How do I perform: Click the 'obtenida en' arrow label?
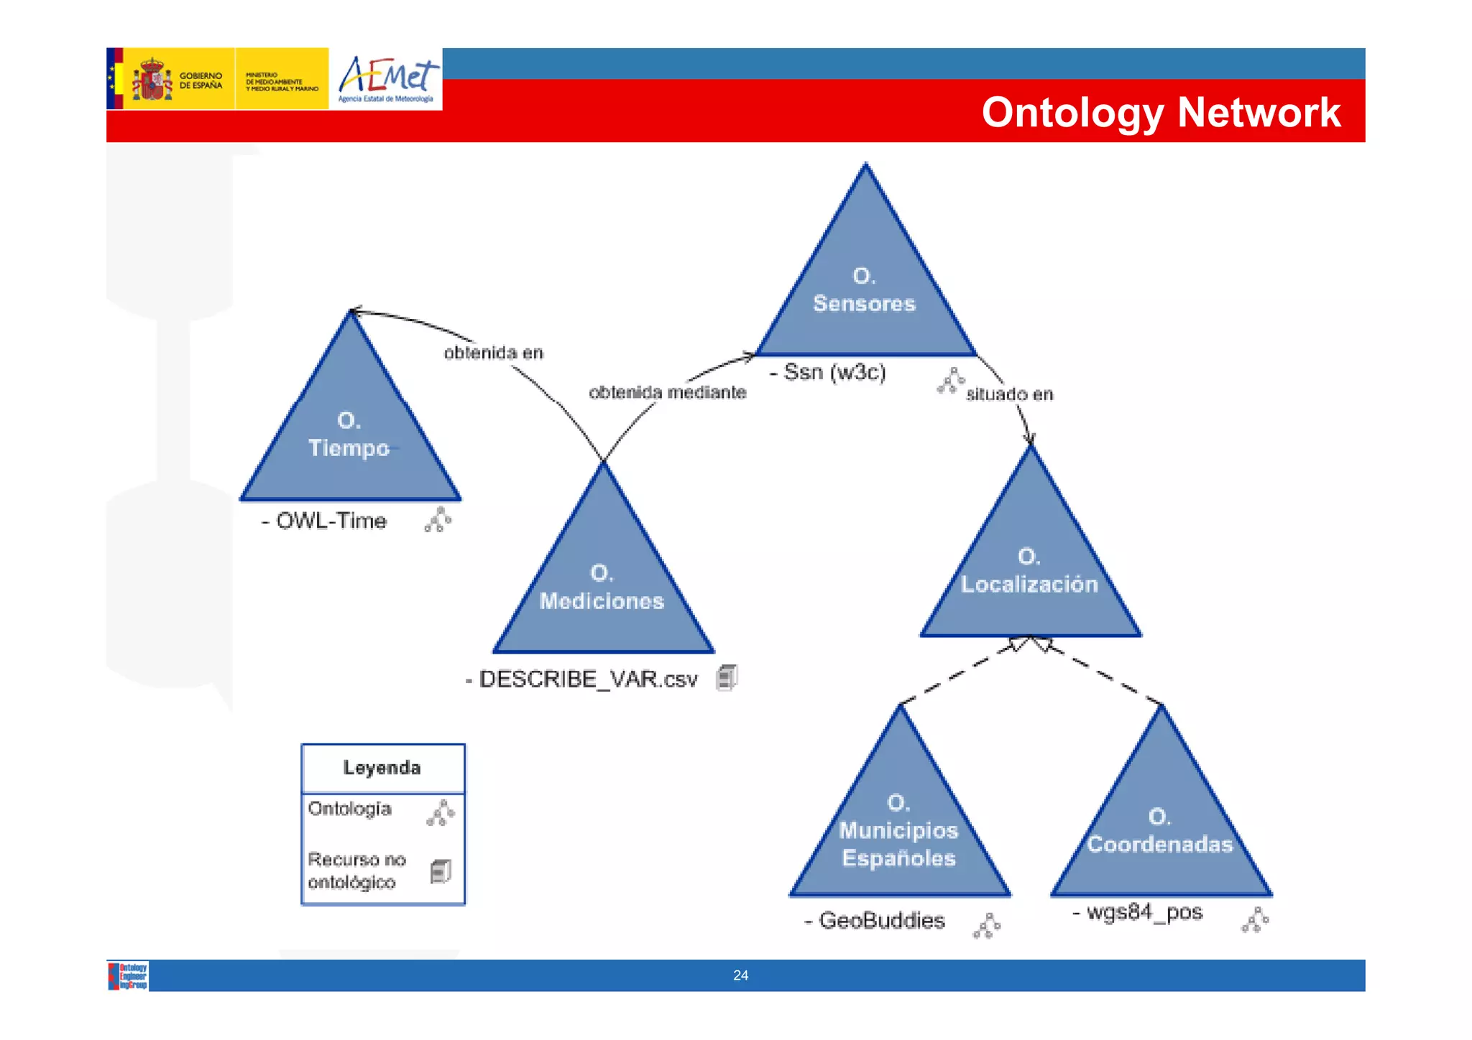(493, 353)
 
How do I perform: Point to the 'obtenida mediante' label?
(668, 392)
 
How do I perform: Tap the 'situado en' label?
(1010, 394)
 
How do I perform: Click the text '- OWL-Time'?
(324, 521)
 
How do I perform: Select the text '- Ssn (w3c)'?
(827, 372)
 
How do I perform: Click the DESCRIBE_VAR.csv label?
(581, 679)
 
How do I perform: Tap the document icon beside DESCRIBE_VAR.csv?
(727, 677)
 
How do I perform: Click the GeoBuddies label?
(875, 921)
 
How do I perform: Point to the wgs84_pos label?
(1138, 912)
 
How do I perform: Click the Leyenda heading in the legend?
(382, 768)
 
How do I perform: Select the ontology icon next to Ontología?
(441, 813)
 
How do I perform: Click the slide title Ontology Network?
(1160, 112)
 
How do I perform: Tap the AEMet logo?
(386, 79)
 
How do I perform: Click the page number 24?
(740, 975)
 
